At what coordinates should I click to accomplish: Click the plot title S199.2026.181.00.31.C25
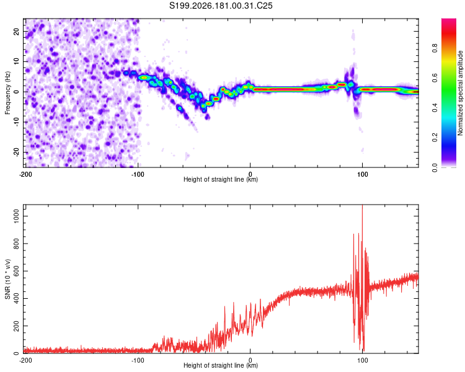click(x=221, y=6)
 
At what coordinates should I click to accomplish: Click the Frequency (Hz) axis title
click(x=7, y=93)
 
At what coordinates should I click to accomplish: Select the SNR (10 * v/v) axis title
click(x=7, y=279)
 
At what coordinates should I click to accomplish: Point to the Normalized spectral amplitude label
click(x=460, y=93)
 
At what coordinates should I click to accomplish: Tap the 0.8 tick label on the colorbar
click(x=435, y=48)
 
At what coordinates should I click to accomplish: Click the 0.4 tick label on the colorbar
click(x=435, y=108)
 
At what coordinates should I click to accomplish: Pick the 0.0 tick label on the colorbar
click(x=435, y=167)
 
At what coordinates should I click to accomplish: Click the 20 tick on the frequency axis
click(x=17, y=31)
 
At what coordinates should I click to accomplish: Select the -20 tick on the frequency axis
click(x=17, y=152)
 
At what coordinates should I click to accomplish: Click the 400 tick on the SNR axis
click(x=17, y=298)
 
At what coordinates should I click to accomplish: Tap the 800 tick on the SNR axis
click(x=17, y=244)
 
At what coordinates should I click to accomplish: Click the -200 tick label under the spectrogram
click(x=25, y=174)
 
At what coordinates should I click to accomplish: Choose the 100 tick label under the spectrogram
click(x=362, y=174)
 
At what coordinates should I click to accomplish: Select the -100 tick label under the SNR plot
click(x=138, y=360)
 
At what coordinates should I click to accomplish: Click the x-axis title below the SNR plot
click(x=221, y=365)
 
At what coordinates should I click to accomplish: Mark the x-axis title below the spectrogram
click(x=221, y=179)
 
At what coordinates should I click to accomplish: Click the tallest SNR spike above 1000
click(x=363, y=205)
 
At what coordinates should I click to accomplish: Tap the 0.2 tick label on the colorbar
click(x=435, y=138)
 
